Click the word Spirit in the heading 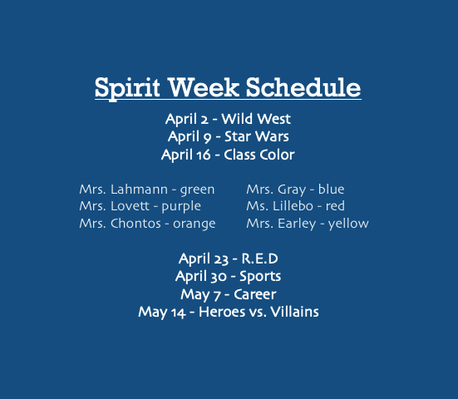click(x=127, y=88)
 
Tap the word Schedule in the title click(x=303, y=87)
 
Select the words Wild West click(x=256, y=119)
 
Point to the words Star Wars click(x=257, y=136)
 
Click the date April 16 click(x=185, y=155)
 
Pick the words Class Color click(x=259, y=155)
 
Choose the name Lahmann click(x=139, y=190)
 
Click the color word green click(x=197, y=190)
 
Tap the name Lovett click(x=130, y=206)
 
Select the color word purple click(x=181, y=207)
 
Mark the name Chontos click(x=135, y=224)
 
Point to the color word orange click(x=195, y=224)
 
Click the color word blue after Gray click(x=331, y=189)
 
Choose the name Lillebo click(x=293, y=206)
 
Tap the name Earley click(x=297, y=224)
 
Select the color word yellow click(x=348, y=224)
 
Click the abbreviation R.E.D click(x=259, y=259)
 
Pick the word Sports click(x=260, y=277)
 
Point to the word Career click(x=255, y=294)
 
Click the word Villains click(x=294, y=312)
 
